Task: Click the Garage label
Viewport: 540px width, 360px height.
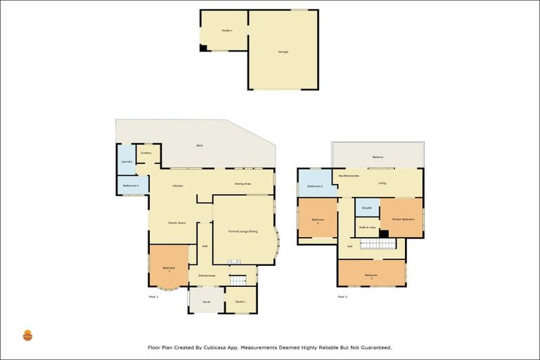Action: tap(283, 51)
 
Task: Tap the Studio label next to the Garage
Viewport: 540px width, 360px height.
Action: tap(226, 30)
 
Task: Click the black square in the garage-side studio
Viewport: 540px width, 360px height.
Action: tap(203, 48)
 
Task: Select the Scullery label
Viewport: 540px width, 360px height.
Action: tap(146, 153)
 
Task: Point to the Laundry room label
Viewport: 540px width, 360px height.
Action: tap(127, 162)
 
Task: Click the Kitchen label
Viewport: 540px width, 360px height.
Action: tap(178, 186)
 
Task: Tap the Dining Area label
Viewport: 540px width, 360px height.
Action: tap(243, 184)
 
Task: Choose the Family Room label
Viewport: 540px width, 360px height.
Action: tap(176, 222)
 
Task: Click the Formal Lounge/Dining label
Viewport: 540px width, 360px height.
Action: tap(243, 231)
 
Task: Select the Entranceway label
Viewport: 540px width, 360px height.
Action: tap(207, 275)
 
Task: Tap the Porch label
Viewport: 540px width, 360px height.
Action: tap(206, 302)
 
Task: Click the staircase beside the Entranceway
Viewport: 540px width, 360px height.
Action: tap(238, 280)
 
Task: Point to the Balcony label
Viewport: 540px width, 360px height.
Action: tap(378, 157)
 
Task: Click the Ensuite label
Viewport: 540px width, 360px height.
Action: tap(366, 208)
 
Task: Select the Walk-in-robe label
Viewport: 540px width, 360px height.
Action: tap(367, 228)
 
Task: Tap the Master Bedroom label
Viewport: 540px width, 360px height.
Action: tap(403, 219)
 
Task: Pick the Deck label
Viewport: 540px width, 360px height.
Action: tap(200, 146)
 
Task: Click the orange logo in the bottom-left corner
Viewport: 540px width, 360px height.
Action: tap(27, 335)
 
